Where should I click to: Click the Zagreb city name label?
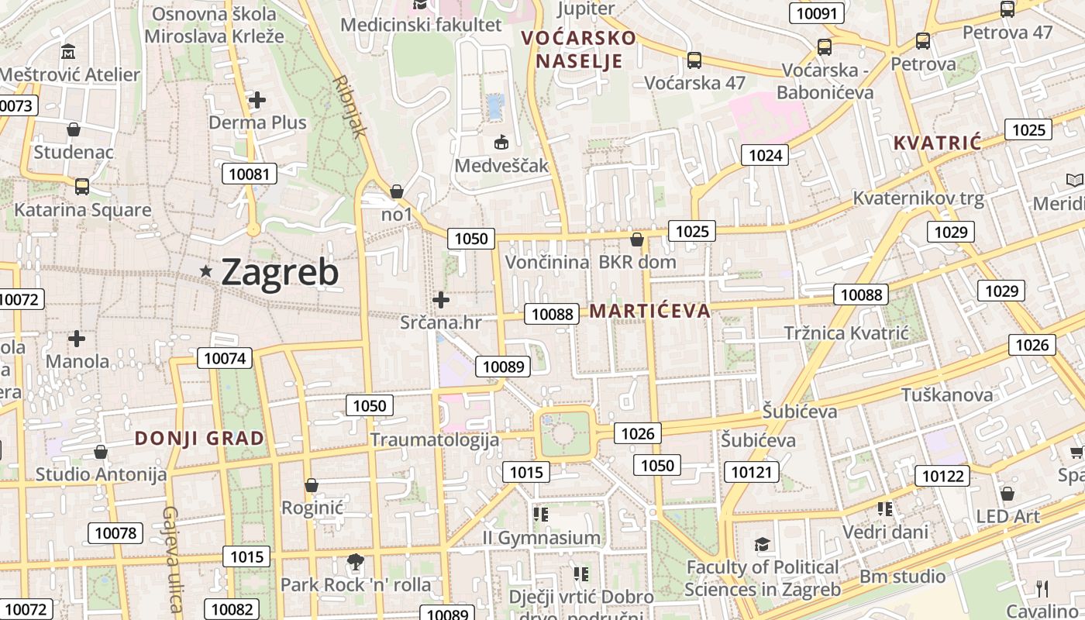(280, 272)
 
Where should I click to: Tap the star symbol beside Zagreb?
(206, 271)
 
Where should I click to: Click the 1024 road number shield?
(765, 155)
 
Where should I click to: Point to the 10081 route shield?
(250, 174)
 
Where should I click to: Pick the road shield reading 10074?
(225, 357)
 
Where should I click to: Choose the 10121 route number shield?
(753, 471)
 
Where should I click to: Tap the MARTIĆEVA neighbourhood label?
(649, 312)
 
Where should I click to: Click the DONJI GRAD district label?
(199, 439)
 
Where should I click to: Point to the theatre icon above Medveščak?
(501, 143)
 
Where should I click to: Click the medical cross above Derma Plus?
(257, 100)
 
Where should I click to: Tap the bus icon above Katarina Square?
(81, 187)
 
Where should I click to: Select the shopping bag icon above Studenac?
(74, 129)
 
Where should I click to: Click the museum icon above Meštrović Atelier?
(69, 53)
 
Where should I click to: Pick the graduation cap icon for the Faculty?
(763, 544)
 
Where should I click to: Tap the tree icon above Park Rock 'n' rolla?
(356, 561)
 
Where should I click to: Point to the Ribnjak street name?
(350, 106)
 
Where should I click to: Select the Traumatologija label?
(434, 439)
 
